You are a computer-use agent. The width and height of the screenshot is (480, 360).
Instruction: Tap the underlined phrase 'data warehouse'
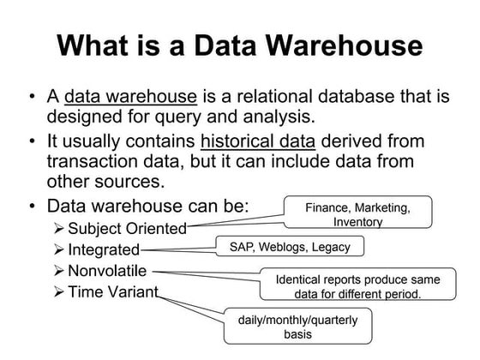pos(131,96)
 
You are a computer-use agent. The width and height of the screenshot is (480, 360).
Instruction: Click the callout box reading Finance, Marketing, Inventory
pos(357,213)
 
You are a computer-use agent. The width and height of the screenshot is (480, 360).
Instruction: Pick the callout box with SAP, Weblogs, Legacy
pos(283,247)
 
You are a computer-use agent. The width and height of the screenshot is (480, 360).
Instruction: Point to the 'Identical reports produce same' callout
pos(357,286)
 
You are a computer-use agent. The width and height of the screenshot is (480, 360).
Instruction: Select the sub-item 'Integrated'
pos(104,249)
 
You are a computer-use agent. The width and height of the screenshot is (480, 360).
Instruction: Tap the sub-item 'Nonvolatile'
pos(110,271)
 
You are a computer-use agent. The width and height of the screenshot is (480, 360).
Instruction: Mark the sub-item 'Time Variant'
pos(113,292)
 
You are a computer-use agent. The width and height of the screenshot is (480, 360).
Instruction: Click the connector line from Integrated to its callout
pos(177,249)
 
